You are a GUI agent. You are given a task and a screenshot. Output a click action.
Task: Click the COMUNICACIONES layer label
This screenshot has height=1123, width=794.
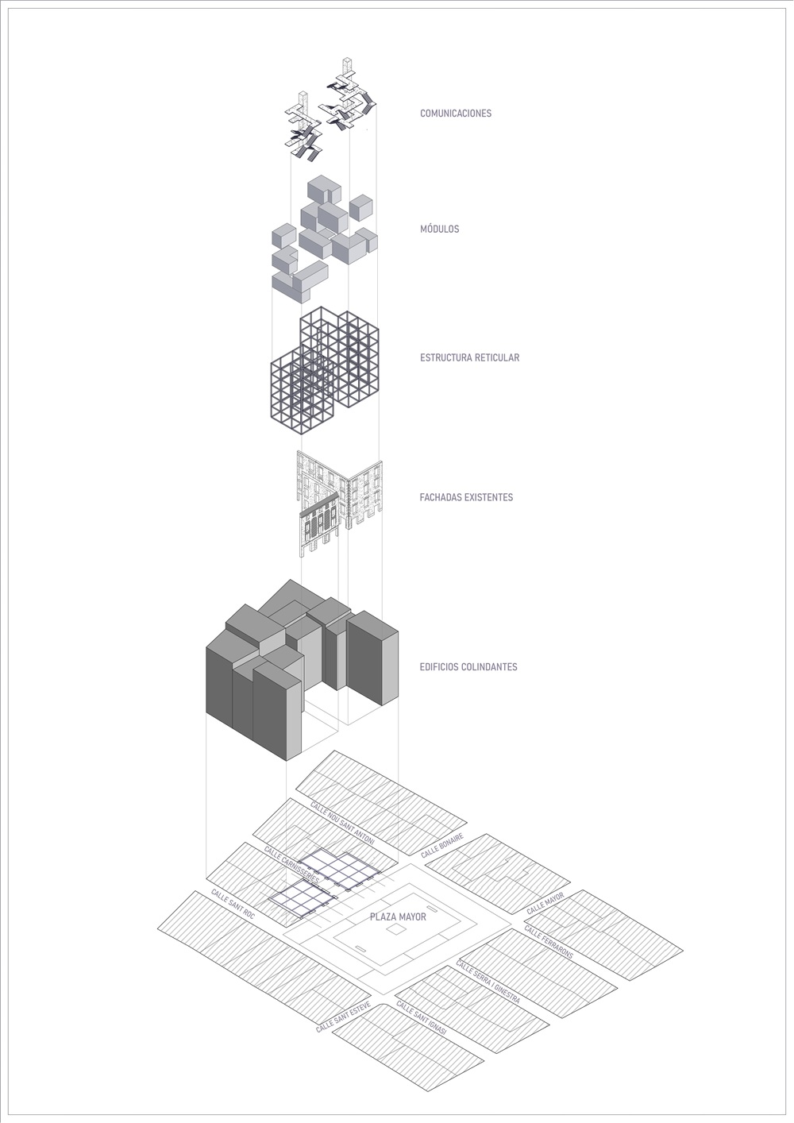tap(456, 114)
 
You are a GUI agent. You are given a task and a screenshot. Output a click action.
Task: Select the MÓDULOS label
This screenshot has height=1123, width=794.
tap(440, 229)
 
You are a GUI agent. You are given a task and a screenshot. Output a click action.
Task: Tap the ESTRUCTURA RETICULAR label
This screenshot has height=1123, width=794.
tap(470, 358)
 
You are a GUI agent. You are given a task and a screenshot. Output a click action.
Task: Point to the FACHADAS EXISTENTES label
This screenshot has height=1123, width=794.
tap(466, 497)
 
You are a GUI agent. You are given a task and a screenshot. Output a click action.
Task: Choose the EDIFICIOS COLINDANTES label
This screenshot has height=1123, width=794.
tap(468, 667)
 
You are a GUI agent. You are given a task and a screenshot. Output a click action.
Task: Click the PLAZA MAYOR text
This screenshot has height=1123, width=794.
tap(398, 917)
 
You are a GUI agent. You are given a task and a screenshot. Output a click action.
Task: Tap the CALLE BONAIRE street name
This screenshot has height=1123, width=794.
tap(442, 845)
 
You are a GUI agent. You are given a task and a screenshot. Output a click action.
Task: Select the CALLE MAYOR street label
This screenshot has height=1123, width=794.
tap(545, 903)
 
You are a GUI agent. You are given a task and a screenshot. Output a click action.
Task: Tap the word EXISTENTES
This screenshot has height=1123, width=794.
tap(488, 497)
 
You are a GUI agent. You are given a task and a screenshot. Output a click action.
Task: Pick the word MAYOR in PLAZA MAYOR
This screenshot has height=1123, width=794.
tap(413, 917)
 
